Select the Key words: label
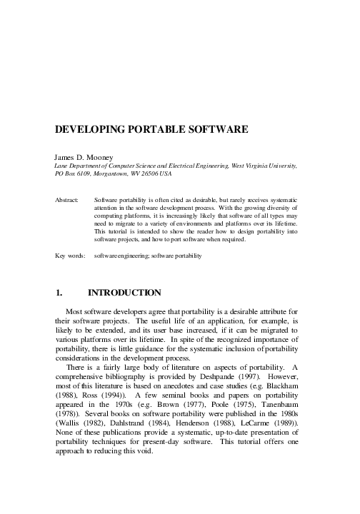coord(70,254)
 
